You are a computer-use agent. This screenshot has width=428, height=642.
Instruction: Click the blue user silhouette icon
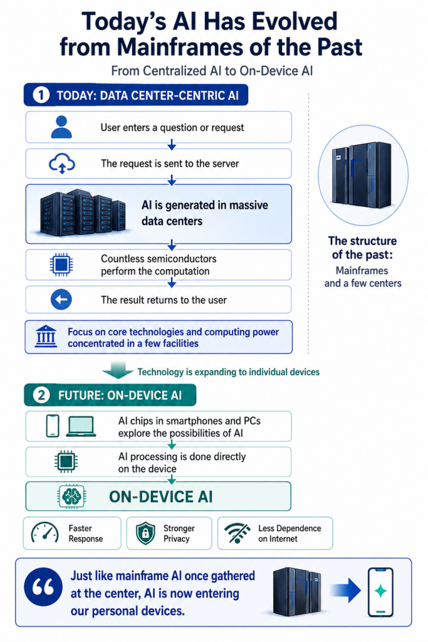click(61, 127)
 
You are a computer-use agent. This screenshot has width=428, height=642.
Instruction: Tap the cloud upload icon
click(62, 164)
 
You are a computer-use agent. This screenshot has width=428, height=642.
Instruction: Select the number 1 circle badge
click(41, 95)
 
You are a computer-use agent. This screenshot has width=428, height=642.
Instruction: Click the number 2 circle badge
click(41, 395)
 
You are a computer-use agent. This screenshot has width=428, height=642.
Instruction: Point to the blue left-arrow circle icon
click(61, 299)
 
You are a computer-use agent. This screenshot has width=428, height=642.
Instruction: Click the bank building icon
click(46, 337)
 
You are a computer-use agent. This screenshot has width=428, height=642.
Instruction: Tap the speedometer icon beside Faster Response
click(44, 533)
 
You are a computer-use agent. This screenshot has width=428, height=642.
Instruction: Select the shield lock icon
click(145, 533)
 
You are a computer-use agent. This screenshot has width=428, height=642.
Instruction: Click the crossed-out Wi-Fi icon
click(237, 533)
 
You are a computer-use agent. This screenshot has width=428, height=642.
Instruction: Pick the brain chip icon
click(71, 497)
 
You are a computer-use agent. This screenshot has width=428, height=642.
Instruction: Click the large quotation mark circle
click(43, 587)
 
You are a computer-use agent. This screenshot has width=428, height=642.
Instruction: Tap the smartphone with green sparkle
click(380, 592)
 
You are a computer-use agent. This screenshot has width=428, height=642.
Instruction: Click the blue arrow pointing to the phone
click(345, 591)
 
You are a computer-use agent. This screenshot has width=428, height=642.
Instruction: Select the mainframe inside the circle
click(362, 175)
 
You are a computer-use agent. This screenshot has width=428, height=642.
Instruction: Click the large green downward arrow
click(117, 370)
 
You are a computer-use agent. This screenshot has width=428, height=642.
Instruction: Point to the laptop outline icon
click(81, 426)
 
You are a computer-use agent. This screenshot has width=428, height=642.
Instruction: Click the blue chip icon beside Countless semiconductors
click(61, 265)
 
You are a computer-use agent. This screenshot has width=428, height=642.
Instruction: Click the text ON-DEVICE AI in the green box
click(161, 497)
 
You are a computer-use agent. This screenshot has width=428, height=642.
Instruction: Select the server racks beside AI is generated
click(83, 213)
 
